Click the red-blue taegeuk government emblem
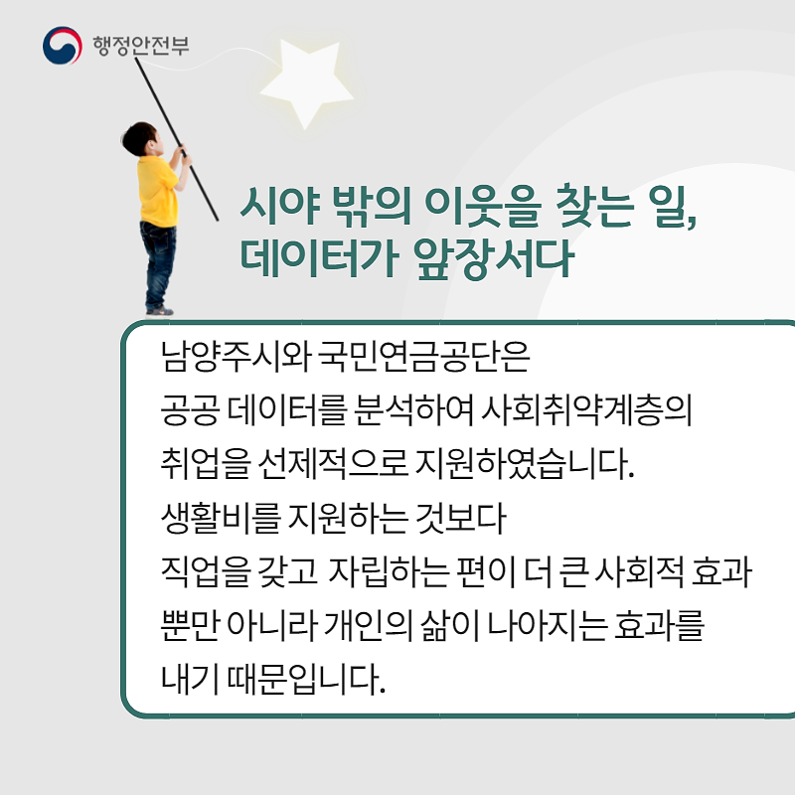pyautogui.click(x=62, y=46)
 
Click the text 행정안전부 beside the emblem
pyautogui.click(x=141, y=46)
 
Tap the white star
pyautogui.click(x=307, y=82)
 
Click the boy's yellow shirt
pyautogui.click(x=158, y=191)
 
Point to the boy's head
pyautogui.click(x=141, y=138)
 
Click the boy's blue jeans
pyautogui.click(x=159, y=263)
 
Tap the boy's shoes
pyautogui.click(x=159, y=310)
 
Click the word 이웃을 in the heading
pyautogui.click(x=483, y=206)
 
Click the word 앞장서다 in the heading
pyautogui.click(x=494, y=258)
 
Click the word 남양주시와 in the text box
pyautogui.click(x=236, y=356)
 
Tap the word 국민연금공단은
pyautogui.click(x=424, y=356)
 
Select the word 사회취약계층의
pyautogui.click(x=586, y=409)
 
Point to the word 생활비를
pyautogui.click(x=221, y=518)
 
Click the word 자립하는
pyautogui.click(x=389, y=571)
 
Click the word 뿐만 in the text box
pyautogui.click(x=190, y=625)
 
